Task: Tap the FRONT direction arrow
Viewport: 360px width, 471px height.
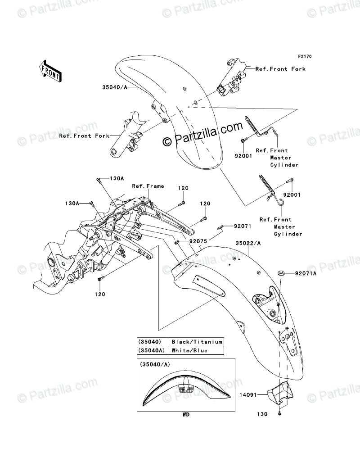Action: [49, 69]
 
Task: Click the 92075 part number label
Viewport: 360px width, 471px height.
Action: [198, 241]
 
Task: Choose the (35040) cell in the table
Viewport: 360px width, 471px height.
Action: [152, 342]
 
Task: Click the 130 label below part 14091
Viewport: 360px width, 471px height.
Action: [261, 414]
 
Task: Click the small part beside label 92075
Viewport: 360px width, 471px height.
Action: [178, 243]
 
